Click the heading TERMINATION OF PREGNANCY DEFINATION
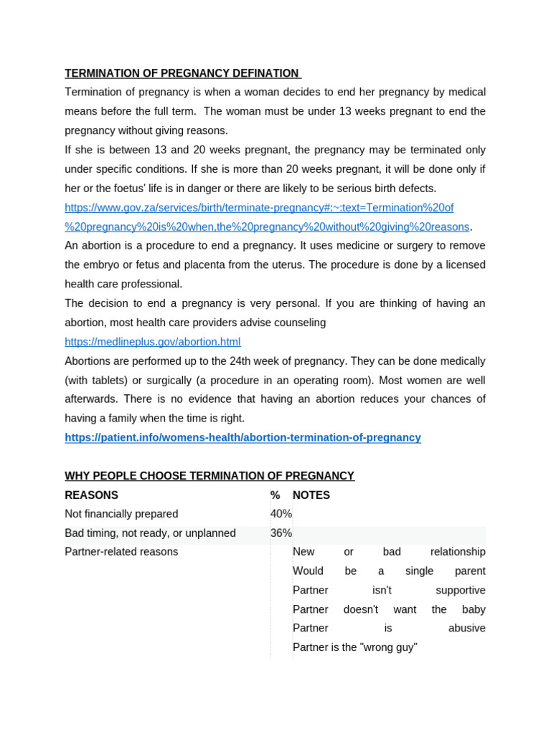click(x=182, y=73)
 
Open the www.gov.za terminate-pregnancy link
click(x=259, y=208)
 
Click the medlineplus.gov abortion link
click(x=153, y=342)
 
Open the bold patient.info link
click(x=242, y=437)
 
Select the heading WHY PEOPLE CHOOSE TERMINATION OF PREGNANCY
click(x=209, y=476)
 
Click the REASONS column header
click(x=92, y=495)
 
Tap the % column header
click(x=275, y=495)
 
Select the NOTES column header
click(x=311, y=495)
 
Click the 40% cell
click(x=281, y=514)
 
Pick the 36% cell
click(x=281, y=533)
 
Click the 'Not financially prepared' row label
click(x=121, y=514)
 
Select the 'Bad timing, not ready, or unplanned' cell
click(x=150, y=533)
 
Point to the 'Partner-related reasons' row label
click(x=121, y=552)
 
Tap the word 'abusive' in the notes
click(x=467, y=629)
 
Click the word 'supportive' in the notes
click(x=461, y=591)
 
